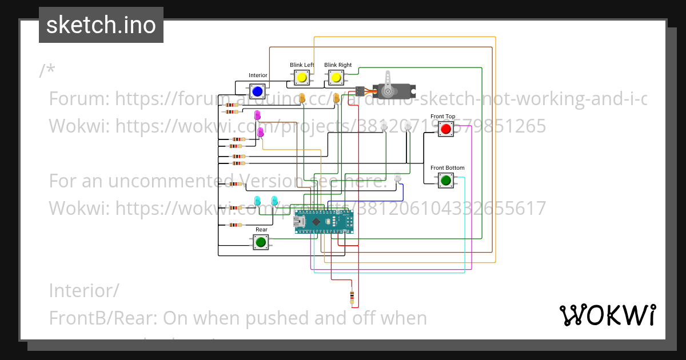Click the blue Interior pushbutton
(x=257, y=91)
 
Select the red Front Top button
(x=446, y=129)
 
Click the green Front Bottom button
(x=446, y=181)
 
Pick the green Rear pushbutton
(x=261, y=242)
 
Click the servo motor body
(x=394, y=91)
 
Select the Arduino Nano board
(x=324, y=221)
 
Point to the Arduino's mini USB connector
(x=299, y=221)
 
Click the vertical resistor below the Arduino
(x=352, y=297)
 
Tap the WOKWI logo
(x=607, y=315)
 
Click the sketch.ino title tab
(x=101, y=25)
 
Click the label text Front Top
(x=443, y=117)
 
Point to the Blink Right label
(x=338, y=65)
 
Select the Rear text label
(x=261, y=230)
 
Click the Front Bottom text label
(x=447, y=168)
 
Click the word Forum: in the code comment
(x=79, y=99)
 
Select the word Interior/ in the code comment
(x=84, y=291)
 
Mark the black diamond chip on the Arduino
(x=316, y=221)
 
